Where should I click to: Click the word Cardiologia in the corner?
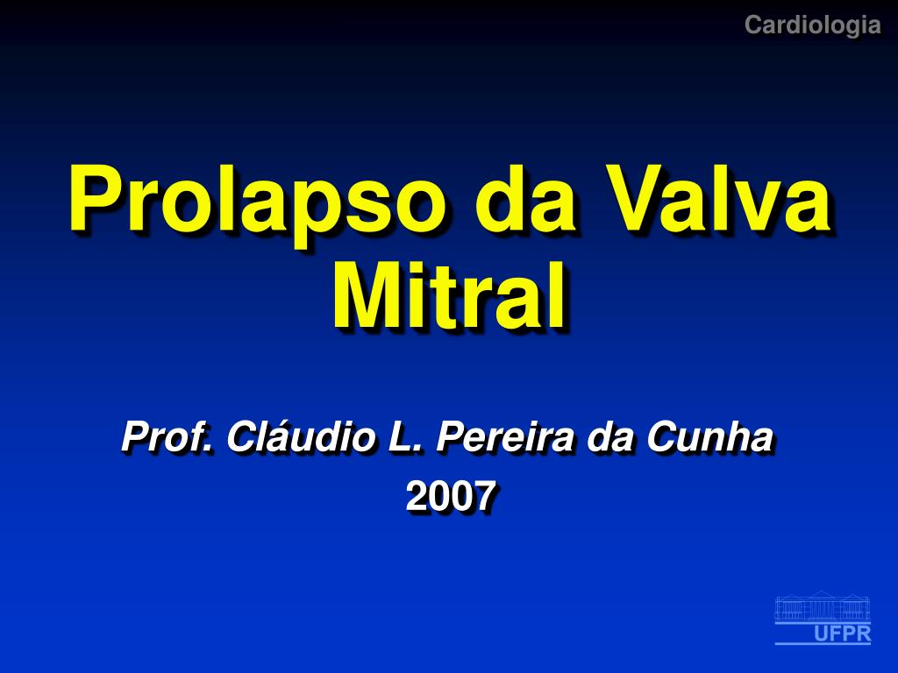[812, 25]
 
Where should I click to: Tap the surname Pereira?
[505, 436]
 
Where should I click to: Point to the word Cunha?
[710, 436]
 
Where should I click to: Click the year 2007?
[450, 496]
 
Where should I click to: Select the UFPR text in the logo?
[843, 634]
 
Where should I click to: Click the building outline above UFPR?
[823, 606]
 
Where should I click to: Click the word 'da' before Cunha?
[610, 437]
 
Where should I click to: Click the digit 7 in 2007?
[484, 496]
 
